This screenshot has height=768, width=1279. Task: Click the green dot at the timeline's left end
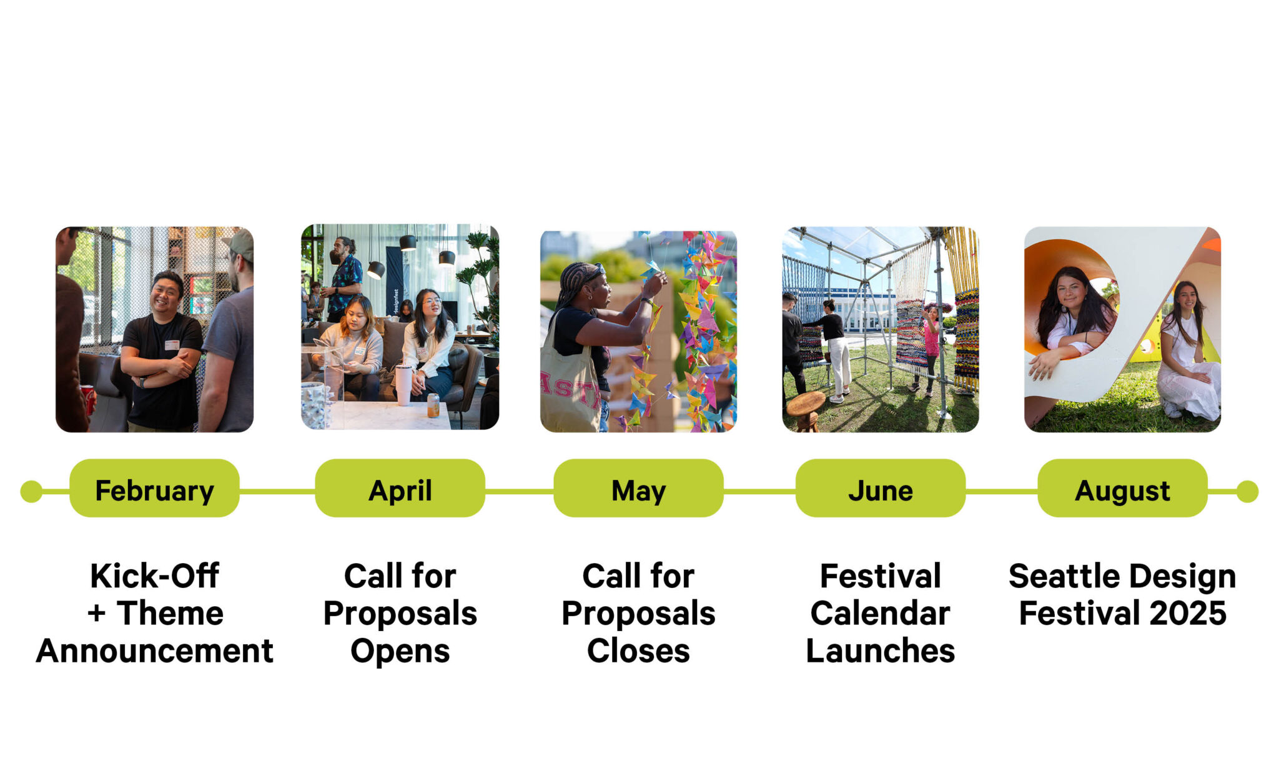click(31, 492)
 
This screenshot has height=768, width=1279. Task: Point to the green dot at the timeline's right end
click(1247, 492)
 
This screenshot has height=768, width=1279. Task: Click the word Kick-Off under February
click(154, 576)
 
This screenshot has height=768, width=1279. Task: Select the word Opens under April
click(400, 651)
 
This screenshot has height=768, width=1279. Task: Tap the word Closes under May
click(638, 651)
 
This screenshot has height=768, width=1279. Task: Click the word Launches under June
click(880, 651)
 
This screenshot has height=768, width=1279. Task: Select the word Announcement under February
click(154, 651)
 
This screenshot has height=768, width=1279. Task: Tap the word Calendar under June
click(880, 613)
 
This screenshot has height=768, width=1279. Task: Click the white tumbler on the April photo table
click(403, 384)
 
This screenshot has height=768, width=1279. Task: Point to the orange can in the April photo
click(433, 405)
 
